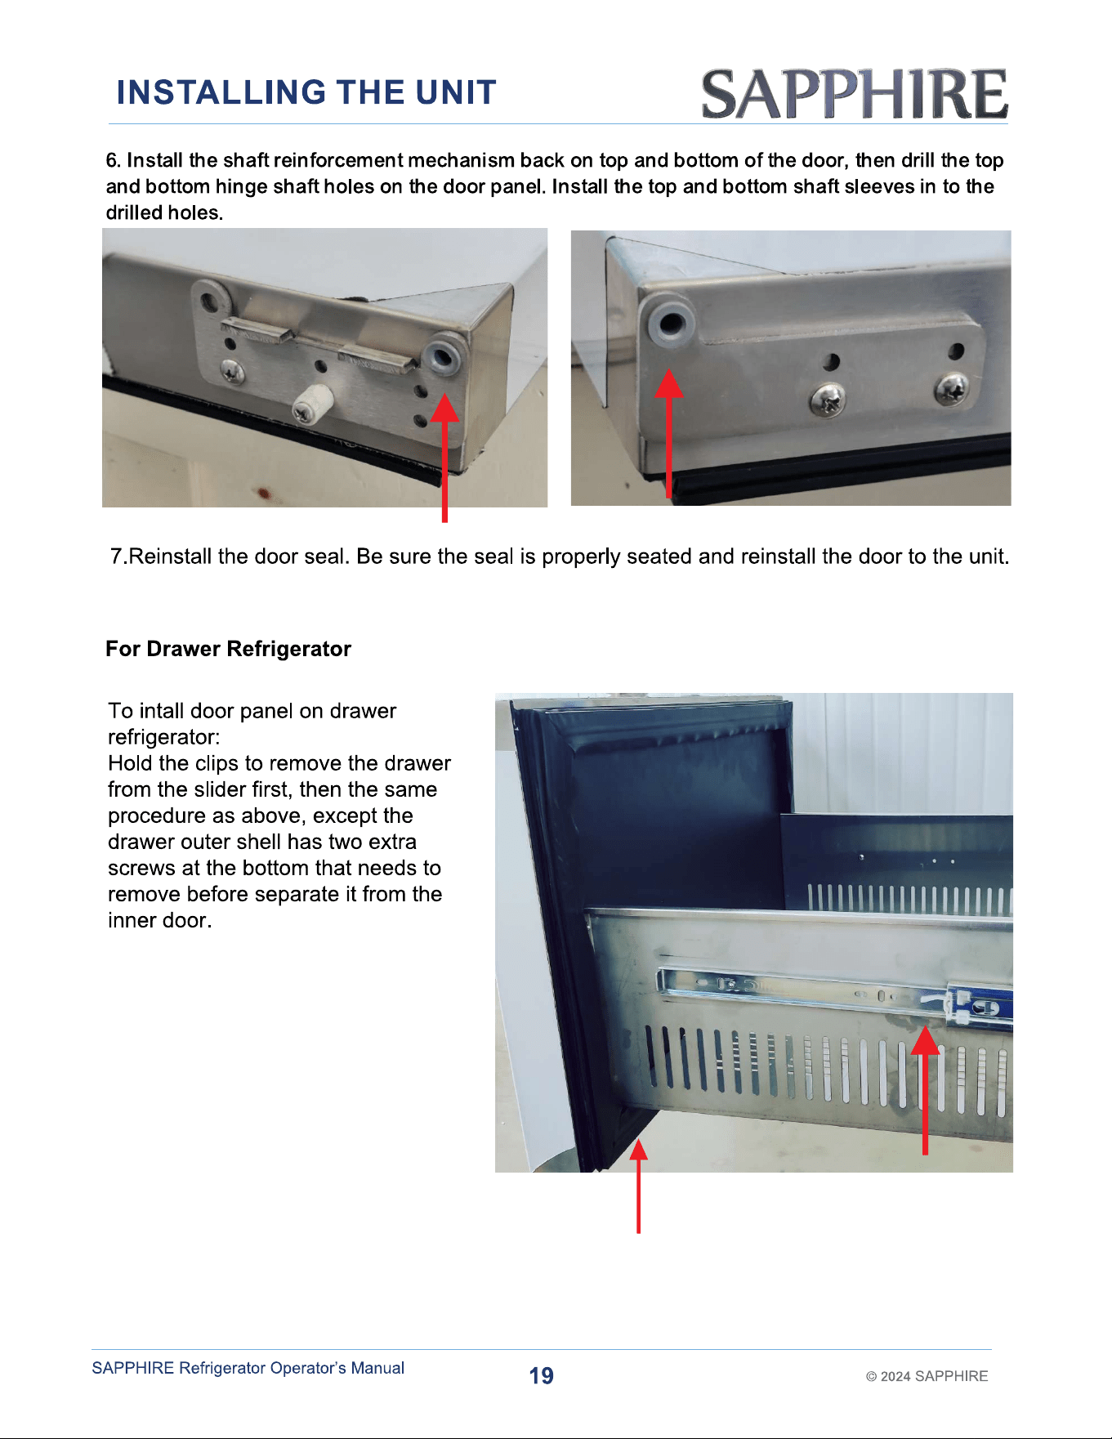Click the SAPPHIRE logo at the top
pos(854,94)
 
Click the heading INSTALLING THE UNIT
pos(306,92)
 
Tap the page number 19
pos(541,1376)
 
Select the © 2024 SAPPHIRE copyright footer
pos(927,1376)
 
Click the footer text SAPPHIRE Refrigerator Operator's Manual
pos(248,1368)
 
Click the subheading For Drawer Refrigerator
pos(229,649)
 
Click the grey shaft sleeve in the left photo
pos(444,355)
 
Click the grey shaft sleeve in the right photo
pos(671,321)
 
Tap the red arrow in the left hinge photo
pos(444,458)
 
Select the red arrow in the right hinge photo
pos(669,433)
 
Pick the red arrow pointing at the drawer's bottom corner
pos(639,1186)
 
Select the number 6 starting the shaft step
pos(113,160)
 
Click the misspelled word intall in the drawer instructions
pos(162,711)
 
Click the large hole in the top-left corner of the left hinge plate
pos(211,298)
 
